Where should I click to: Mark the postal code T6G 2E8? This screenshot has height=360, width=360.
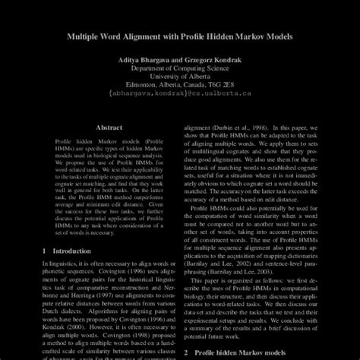point(226,87)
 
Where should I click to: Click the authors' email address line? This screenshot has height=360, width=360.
point(180,96)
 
